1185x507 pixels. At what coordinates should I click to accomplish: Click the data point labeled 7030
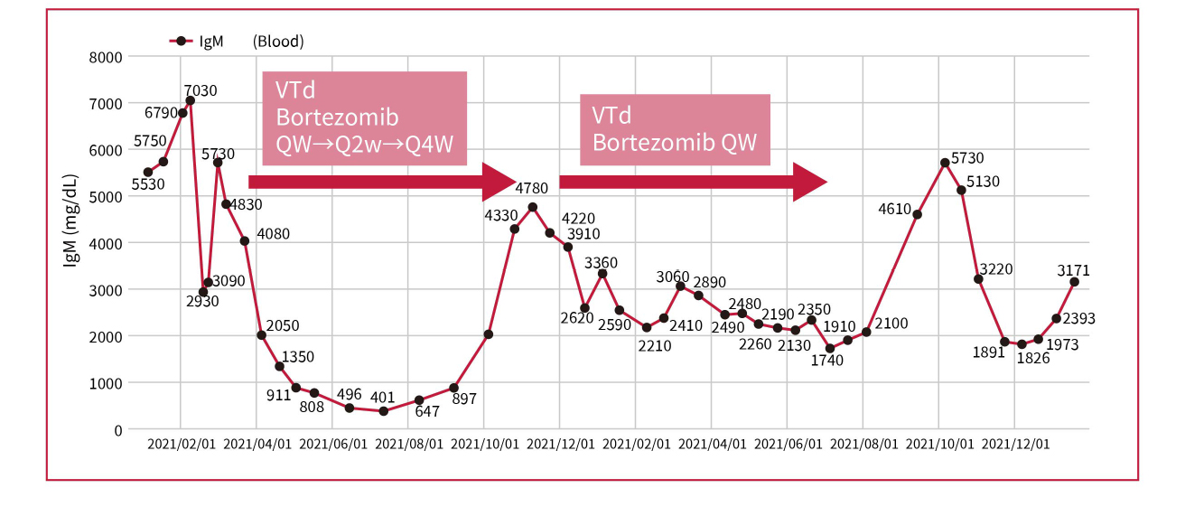point(190,100)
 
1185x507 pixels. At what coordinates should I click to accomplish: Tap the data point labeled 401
point(383,411)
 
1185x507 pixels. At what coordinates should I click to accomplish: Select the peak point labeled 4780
point(533,207)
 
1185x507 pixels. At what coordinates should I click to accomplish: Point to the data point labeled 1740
point(830,349)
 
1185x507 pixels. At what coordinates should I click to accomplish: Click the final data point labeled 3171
point(1075,282)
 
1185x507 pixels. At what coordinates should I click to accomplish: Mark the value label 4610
point(896,210)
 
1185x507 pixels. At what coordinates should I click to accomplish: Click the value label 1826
point(1034,359)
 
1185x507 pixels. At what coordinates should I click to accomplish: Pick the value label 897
point(464,399)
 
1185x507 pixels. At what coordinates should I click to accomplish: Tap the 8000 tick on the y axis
point(105,57)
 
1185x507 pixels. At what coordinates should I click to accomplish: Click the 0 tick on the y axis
point(117,430)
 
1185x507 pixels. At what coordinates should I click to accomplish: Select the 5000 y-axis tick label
point(105,197)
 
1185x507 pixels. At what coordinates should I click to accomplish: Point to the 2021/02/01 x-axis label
point(182,445)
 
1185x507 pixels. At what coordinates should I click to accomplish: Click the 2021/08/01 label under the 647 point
point(409,445)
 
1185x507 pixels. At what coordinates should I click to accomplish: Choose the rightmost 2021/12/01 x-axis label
point(1015,445)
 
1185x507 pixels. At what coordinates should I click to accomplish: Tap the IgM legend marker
point(181,41)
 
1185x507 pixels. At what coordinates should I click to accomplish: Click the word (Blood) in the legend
point(278,41)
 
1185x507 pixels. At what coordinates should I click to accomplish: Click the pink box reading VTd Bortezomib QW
point(675,129)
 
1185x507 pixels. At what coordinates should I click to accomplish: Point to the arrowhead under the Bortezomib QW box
point(810,182)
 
